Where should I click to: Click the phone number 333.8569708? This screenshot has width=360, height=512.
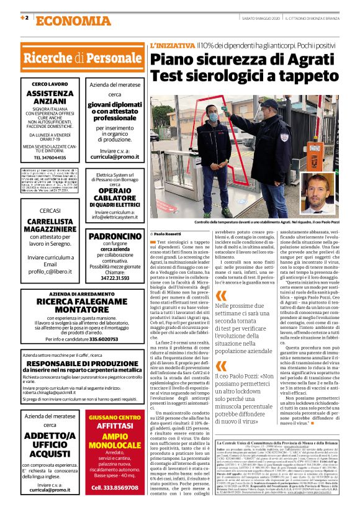114,488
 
